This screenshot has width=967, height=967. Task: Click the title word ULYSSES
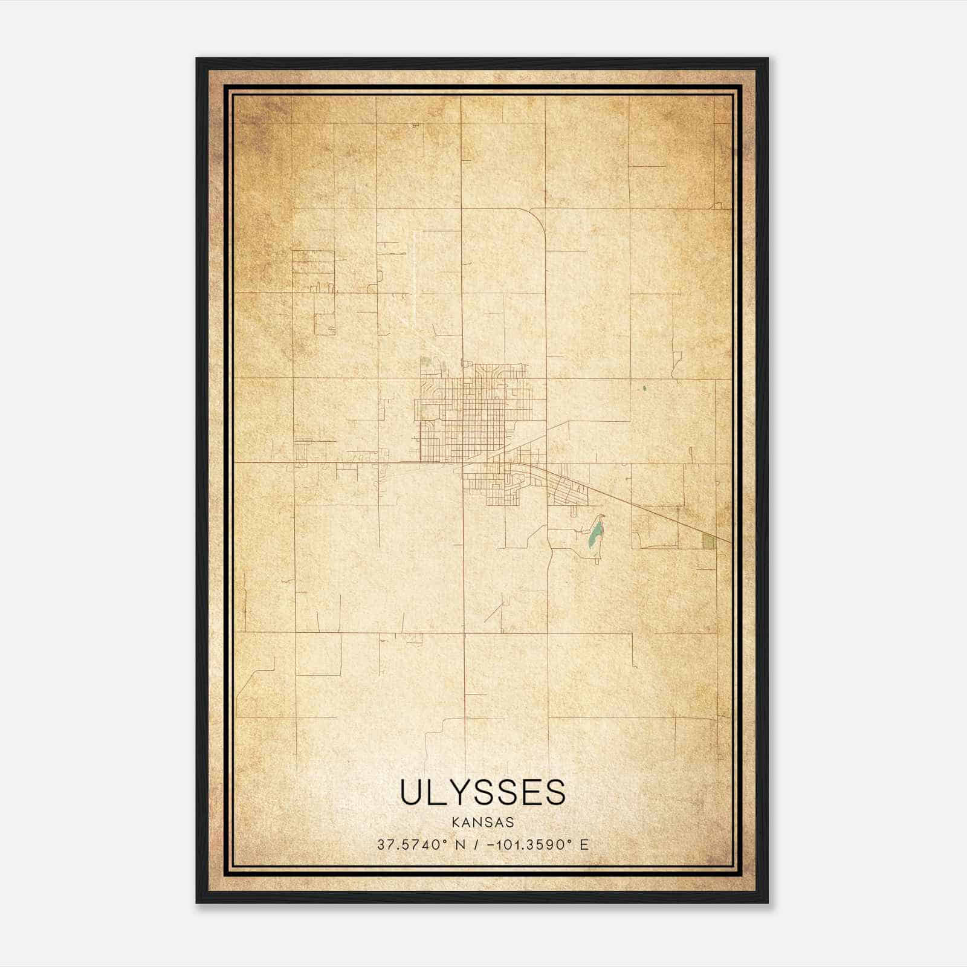coord(482,792)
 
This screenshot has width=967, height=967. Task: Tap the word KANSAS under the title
coord(482,823)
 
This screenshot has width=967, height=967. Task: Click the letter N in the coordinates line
coord(460,845)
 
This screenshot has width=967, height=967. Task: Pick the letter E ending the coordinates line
coord(584,845)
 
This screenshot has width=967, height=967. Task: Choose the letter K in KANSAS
coord(454,823)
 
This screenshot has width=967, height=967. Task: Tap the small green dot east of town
coord(644,389)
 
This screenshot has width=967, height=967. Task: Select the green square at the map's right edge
coord(708,541)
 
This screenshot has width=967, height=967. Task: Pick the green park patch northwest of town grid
coord(425,362)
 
